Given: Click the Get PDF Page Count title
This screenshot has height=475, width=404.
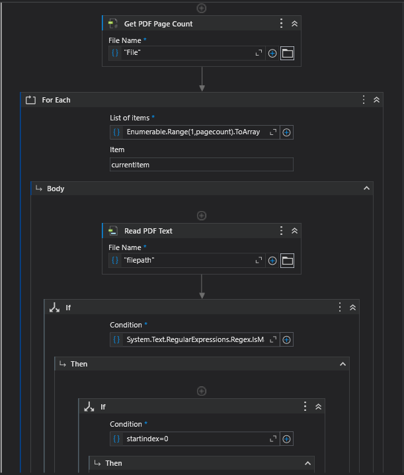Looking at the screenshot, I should [x=158, y=24].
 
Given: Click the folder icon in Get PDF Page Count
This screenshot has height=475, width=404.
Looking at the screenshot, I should [x=287, y=54].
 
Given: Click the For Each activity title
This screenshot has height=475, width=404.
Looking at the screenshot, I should [x=56, y=100].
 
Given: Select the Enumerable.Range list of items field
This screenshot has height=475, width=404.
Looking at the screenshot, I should [x=193, y=132].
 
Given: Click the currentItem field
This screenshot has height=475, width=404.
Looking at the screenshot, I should [x=201, y=165].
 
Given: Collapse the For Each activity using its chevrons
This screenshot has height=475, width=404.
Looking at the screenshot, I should [x=376, y=100].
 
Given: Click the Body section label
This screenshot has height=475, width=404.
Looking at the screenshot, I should [x=56, y=189].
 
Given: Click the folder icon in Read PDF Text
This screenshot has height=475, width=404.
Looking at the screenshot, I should [x=287, y=261].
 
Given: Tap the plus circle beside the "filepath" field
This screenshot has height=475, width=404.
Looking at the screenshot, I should [x=272, y=261].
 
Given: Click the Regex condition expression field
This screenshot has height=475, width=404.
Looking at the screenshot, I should [x=194, y=340].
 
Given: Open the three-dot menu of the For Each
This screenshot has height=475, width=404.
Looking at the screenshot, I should [x=364, y=100].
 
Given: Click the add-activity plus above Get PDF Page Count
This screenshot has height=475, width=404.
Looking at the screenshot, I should [x=202, y=8].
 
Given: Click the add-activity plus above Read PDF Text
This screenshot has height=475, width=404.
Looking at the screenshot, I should [x=202, y=216].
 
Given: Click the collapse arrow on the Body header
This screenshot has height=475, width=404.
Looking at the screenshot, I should [x=366, y=189].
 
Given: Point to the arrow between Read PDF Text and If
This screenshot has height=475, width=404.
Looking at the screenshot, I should [x=202, y=286].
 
